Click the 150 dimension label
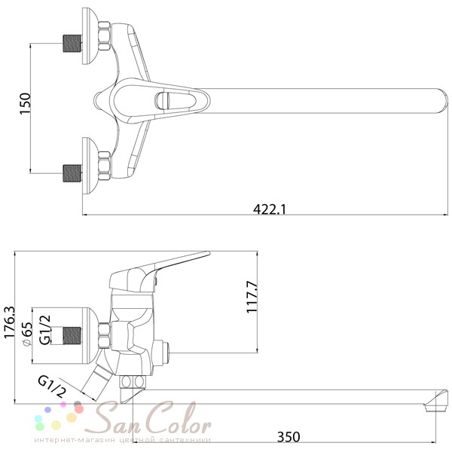pos(25,103)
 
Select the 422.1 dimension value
pos(270,209)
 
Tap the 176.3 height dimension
pos(10,322)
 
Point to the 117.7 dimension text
pos(252,297)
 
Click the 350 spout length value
pos(289,437)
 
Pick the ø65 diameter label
pos(27,334)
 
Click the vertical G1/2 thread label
pos(45,330)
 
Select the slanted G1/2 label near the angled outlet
pos(52,386)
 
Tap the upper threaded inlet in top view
pos(72,43)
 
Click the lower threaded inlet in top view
pos(72,173)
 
